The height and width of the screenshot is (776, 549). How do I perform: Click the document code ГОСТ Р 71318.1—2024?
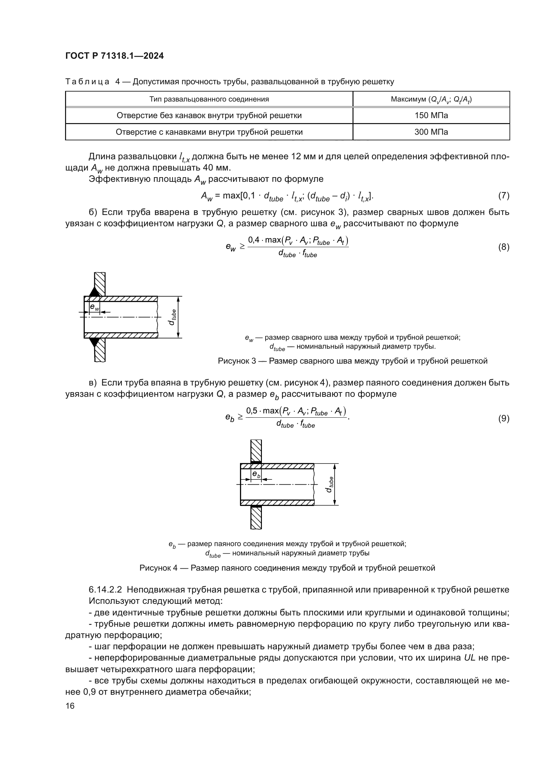coord(114,56)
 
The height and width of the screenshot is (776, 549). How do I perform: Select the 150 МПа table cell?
coord(431,115)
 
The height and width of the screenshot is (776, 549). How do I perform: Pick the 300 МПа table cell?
coord(431,132)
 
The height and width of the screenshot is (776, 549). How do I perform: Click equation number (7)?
coord(504,195)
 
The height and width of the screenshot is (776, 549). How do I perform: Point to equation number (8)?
coord(504,247)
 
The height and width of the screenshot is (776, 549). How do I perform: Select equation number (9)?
coord(504,418)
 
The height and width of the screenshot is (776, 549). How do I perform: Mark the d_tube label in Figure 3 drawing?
coord(172,317)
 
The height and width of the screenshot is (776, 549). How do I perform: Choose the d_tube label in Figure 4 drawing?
coord(330,484)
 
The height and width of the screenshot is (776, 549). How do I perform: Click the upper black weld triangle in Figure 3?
coord(95,292)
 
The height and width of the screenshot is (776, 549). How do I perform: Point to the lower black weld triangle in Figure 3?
coord(95,342)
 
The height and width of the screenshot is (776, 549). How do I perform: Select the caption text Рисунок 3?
coord(237,361)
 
